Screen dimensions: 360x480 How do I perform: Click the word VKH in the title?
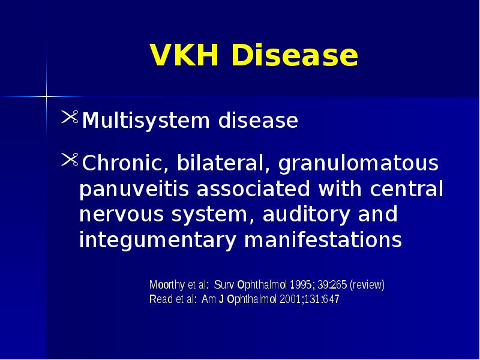coord(184,56)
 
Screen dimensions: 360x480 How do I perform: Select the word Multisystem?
coord(145,121)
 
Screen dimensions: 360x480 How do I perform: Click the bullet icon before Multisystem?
coord(70,119)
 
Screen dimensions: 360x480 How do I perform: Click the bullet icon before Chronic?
coord(70,161)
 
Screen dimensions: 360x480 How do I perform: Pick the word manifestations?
coord(323,240)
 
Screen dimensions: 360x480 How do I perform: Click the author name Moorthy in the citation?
coord(167,285)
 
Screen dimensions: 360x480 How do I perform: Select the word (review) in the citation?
coord(367,285)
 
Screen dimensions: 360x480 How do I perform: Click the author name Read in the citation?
coord(160,299)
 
